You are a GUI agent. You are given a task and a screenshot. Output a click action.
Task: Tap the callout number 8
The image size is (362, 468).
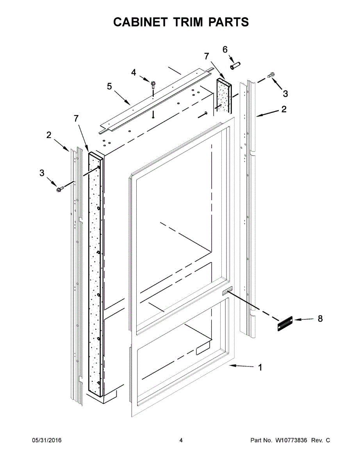pos(320,319)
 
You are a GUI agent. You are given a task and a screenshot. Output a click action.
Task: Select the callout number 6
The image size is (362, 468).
pos(225,50)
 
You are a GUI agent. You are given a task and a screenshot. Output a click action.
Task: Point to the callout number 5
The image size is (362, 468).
pos(109,86)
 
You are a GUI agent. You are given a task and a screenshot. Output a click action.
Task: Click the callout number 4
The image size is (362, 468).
pos(134,72)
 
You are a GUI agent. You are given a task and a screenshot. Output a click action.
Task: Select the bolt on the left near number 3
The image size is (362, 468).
pos(60,189)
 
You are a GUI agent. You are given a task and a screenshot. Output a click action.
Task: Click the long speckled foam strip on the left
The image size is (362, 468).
pos(95,273)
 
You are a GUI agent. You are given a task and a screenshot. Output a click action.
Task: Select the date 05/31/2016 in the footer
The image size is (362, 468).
pos(46,440)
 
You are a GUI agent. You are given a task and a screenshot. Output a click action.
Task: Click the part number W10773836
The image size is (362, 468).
pos(291,440)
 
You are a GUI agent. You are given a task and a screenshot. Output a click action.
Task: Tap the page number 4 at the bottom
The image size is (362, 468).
pos(181,440)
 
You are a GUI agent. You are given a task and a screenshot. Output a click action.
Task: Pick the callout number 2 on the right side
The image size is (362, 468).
pos(284,109)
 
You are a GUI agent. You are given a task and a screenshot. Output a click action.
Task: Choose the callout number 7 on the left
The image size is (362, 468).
pos(76,119)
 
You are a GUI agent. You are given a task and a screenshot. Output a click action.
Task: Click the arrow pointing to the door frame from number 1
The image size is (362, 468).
pos(242,366)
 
